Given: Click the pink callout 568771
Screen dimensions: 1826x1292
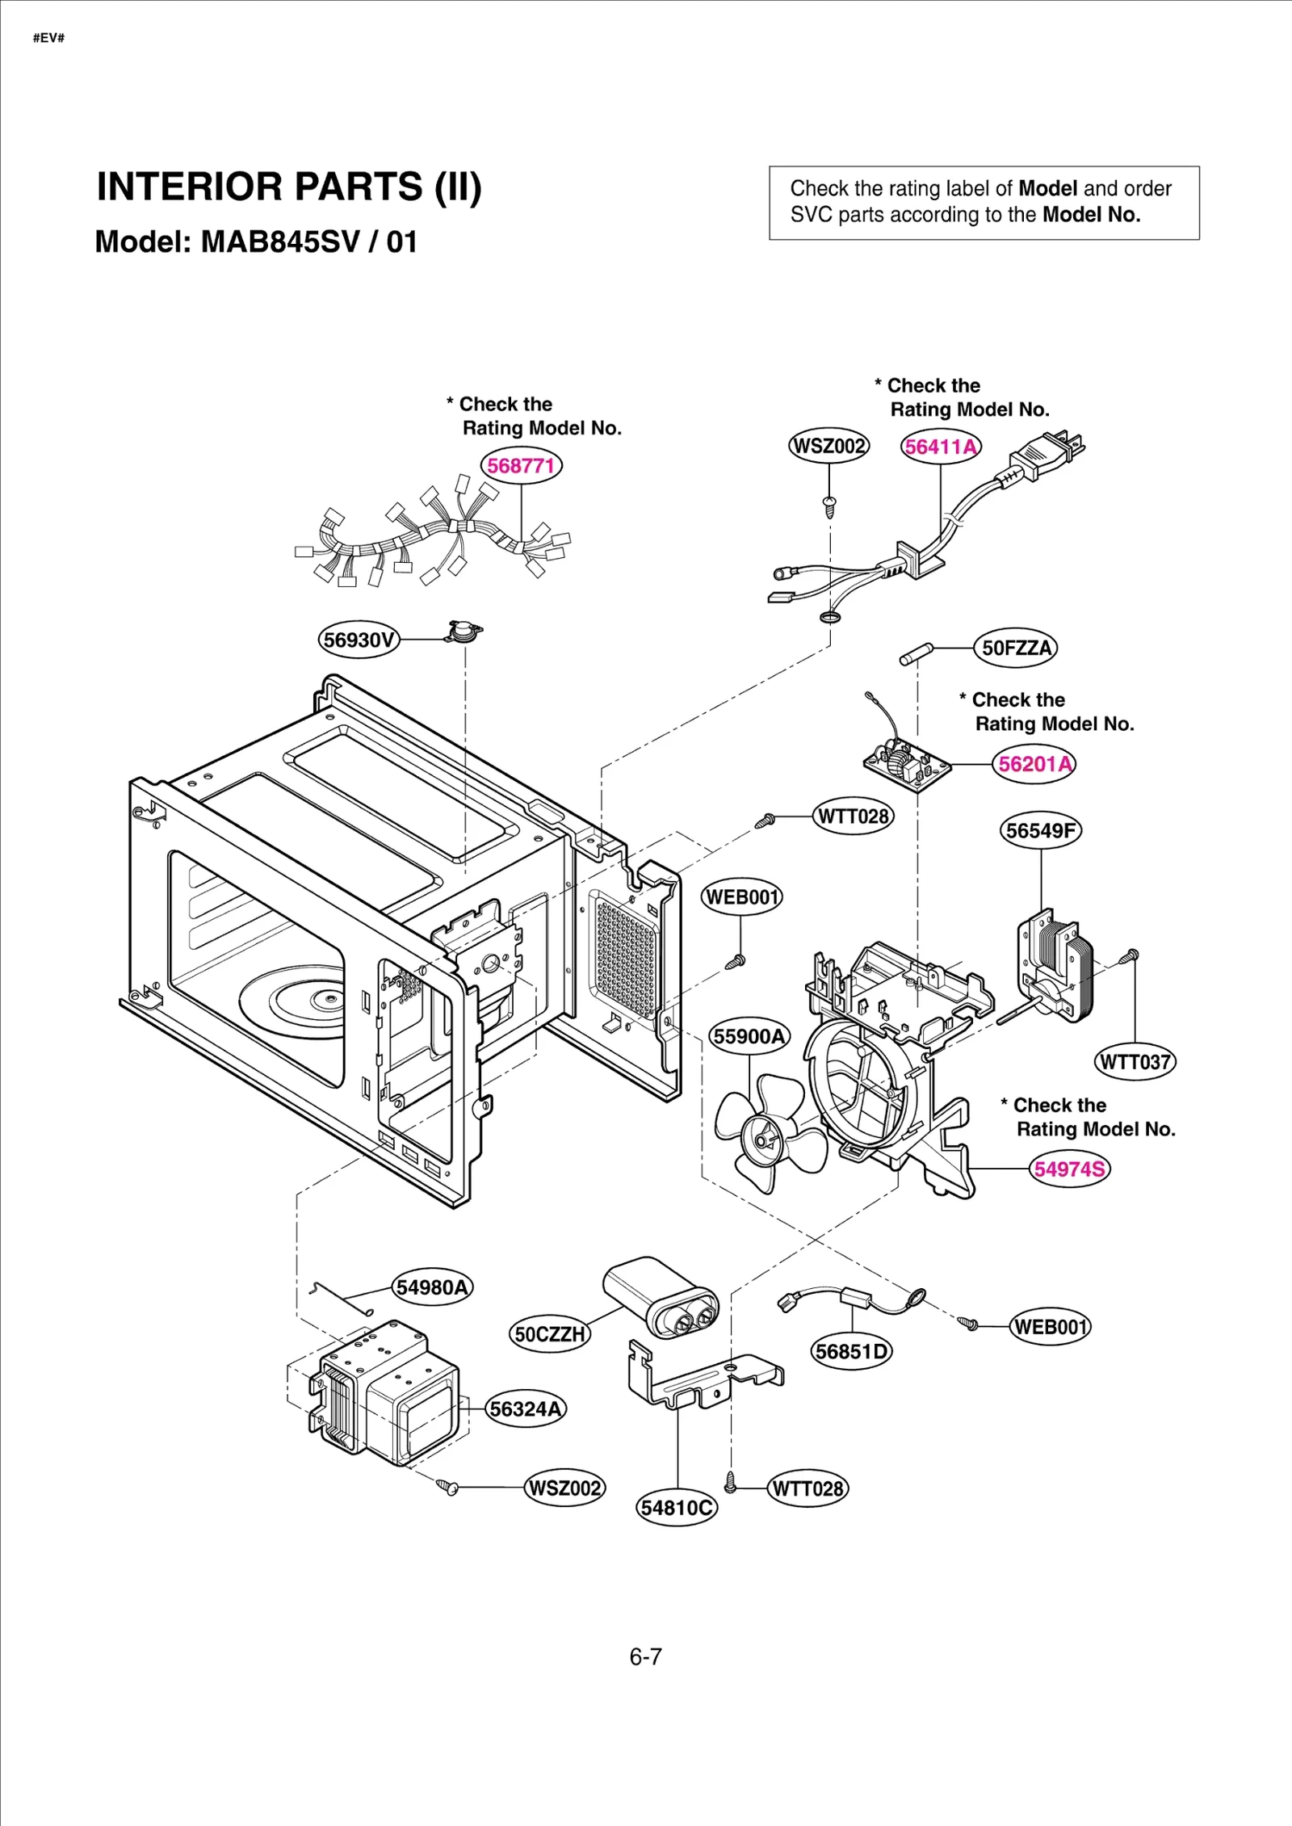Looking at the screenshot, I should (x=521, y=466).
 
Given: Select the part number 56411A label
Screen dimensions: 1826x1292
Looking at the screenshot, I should (x=941, y=447).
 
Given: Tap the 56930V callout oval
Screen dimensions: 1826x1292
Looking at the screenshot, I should (x=359, y=640).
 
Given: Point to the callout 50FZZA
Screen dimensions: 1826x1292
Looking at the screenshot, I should (x=1016, y=648).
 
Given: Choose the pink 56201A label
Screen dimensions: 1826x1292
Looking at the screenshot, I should (x=1034, y=764).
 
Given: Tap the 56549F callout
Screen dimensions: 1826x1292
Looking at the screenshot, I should (x=1041, y=830).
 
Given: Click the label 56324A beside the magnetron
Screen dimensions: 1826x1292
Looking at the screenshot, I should (x=526, y=1409).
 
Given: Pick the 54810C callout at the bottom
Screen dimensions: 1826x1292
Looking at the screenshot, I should (x=677, y=1508).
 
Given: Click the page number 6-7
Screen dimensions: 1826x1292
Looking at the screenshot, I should (x=645, y=1657).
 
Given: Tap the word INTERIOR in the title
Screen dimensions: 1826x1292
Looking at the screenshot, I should (x=191, y=187).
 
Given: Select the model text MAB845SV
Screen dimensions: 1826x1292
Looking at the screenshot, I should (x=279, y=242).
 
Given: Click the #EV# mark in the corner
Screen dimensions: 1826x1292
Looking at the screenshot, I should (x=48, y=38).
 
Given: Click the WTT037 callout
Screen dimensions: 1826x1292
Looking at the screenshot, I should (x=1135, y=1061).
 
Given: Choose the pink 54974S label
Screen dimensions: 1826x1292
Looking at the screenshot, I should (x=1070, y=1169).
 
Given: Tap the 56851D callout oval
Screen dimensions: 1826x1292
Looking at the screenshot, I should (x=851, y=1351).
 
